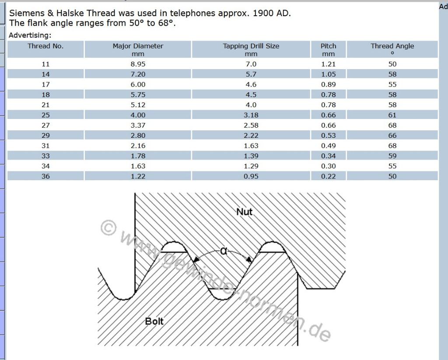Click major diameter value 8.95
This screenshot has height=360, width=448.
[138, 64]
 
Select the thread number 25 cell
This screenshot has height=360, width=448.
[45, 115]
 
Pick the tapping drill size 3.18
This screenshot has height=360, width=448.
[251, 115]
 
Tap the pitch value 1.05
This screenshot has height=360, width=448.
[328, 74]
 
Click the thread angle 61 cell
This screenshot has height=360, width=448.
[392, 115]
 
